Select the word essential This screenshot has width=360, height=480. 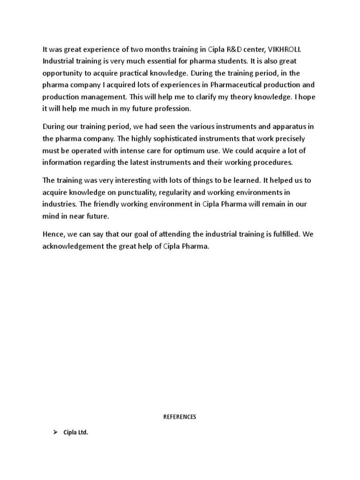pyautogui.click(x=167, y=61)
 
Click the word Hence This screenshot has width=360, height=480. pyautogui.click(x=53, y=234)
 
